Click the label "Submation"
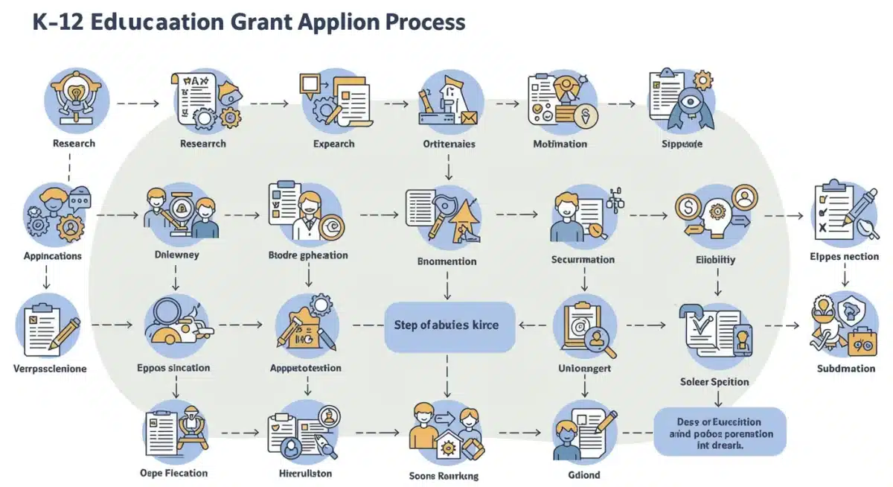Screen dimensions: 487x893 pos(845,369)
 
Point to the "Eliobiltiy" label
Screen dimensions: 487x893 pos(715,261)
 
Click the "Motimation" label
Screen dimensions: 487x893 pos(560,144)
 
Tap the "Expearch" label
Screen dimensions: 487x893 pos(333,144)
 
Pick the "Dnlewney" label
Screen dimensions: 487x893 pos(176,255)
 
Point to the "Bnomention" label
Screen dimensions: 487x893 pos(447,261)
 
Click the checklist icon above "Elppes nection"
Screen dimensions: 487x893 pos(844,214)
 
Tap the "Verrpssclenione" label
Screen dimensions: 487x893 pos(50,369)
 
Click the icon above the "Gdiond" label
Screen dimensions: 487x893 pos(583,432)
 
